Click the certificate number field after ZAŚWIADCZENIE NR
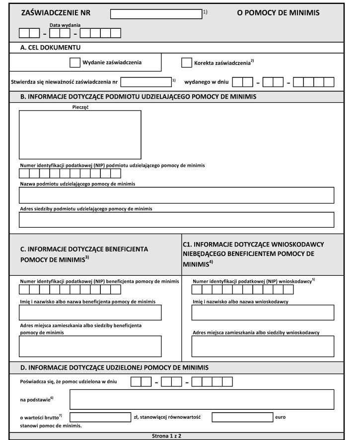click(x=156, y=14)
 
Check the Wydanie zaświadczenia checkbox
click(x=74, y=63)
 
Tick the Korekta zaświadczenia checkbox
click(x=186, y=63)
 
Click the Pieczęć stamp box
click(x=80, y=134)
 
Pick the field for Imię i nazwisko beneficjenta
click(x=90, y=313)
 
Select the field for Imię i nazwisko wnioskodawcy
click(x=263, y=313)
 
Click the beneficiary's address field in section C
click(x=90, y=346)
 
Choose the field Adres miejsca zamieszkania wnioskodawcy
click(x=263, y=346)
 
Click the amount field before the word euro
click(x=242, y=417)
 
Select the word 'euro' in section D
click(x=281, y=417)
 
